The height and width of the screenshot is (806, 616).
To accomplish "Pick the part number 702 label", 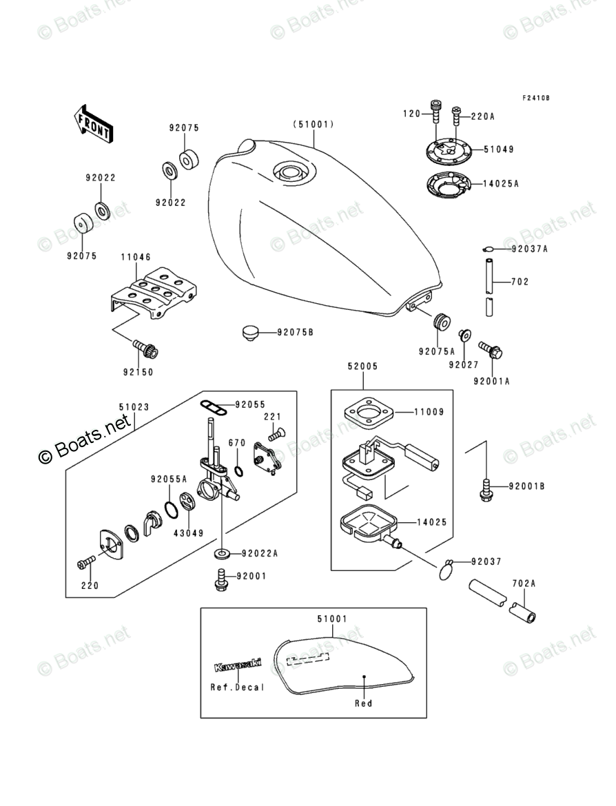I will click(x=520, y=282).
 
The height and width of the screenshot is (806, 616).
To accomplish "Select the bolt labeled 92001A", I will click(x=491, y=351).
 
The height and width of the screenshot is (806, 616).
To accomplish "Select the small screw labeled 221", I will click(x=276, y=433).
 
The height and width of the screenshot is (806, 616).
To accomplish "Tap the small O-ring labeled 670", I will click(x=238, y=471).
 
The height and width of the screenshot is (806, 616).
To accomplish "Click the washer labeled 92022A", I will click(x=222, y=553).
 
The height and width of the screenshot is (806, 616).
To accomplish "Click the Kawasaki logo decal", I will click(x=238, y=666).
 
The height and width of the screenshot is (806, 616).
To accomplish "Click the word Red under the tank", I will click(x=363, y=703).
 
